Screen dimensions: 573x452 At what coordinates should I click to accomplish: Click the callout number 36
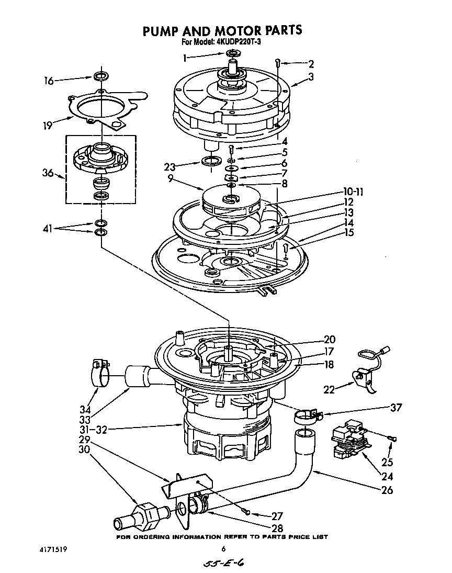click(x=48, y=173)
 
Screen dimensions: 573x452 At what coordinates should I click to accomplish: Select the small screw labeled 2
click(x=279, y=63)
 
